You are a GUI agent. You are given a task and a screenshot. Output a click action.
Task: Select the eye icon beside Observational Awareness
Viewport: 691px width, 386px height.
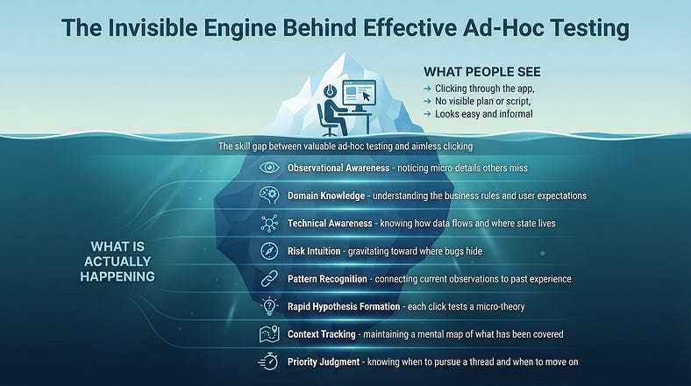[269, 168]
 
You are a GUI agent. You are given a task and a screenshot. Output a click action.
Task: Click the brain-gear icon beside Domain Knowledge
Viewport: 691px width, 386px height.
[269, 195]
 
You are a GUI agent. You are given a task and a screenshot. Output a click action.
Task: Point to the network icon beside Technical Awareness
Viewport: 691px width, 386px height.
[269, 223]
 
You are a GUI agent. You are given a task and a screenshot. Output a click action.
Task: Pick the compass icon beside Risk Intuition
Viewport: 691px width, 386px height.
[269, 251]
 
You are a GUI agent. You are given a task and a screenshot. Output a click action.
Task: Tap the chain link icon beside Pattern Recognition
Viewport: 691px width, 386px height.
[269, 278]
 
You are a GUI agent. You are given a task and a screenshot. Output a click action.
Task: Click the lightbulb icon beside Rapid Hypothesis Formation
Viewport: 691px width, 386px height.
[269, 306]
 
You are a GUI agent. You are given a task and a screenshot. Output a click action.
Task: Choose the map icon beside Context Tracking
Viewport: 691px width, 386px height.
[269, 334]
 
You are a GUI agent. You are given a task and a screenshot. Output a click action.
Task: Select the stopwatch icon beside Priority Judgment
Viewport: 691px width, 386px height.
[269, 362]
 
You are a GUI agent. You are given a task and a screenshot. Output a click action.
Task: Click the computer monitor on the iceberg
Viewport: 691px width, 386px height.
[357, 95]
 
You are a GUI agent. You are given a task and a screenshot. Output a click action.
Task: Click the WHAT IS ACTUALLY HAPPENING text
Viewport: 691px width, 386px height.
[124, 261]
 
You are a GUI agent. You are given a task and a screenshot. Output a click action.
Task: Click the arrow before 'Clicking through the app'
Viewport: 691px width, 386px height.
[427, 89]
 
